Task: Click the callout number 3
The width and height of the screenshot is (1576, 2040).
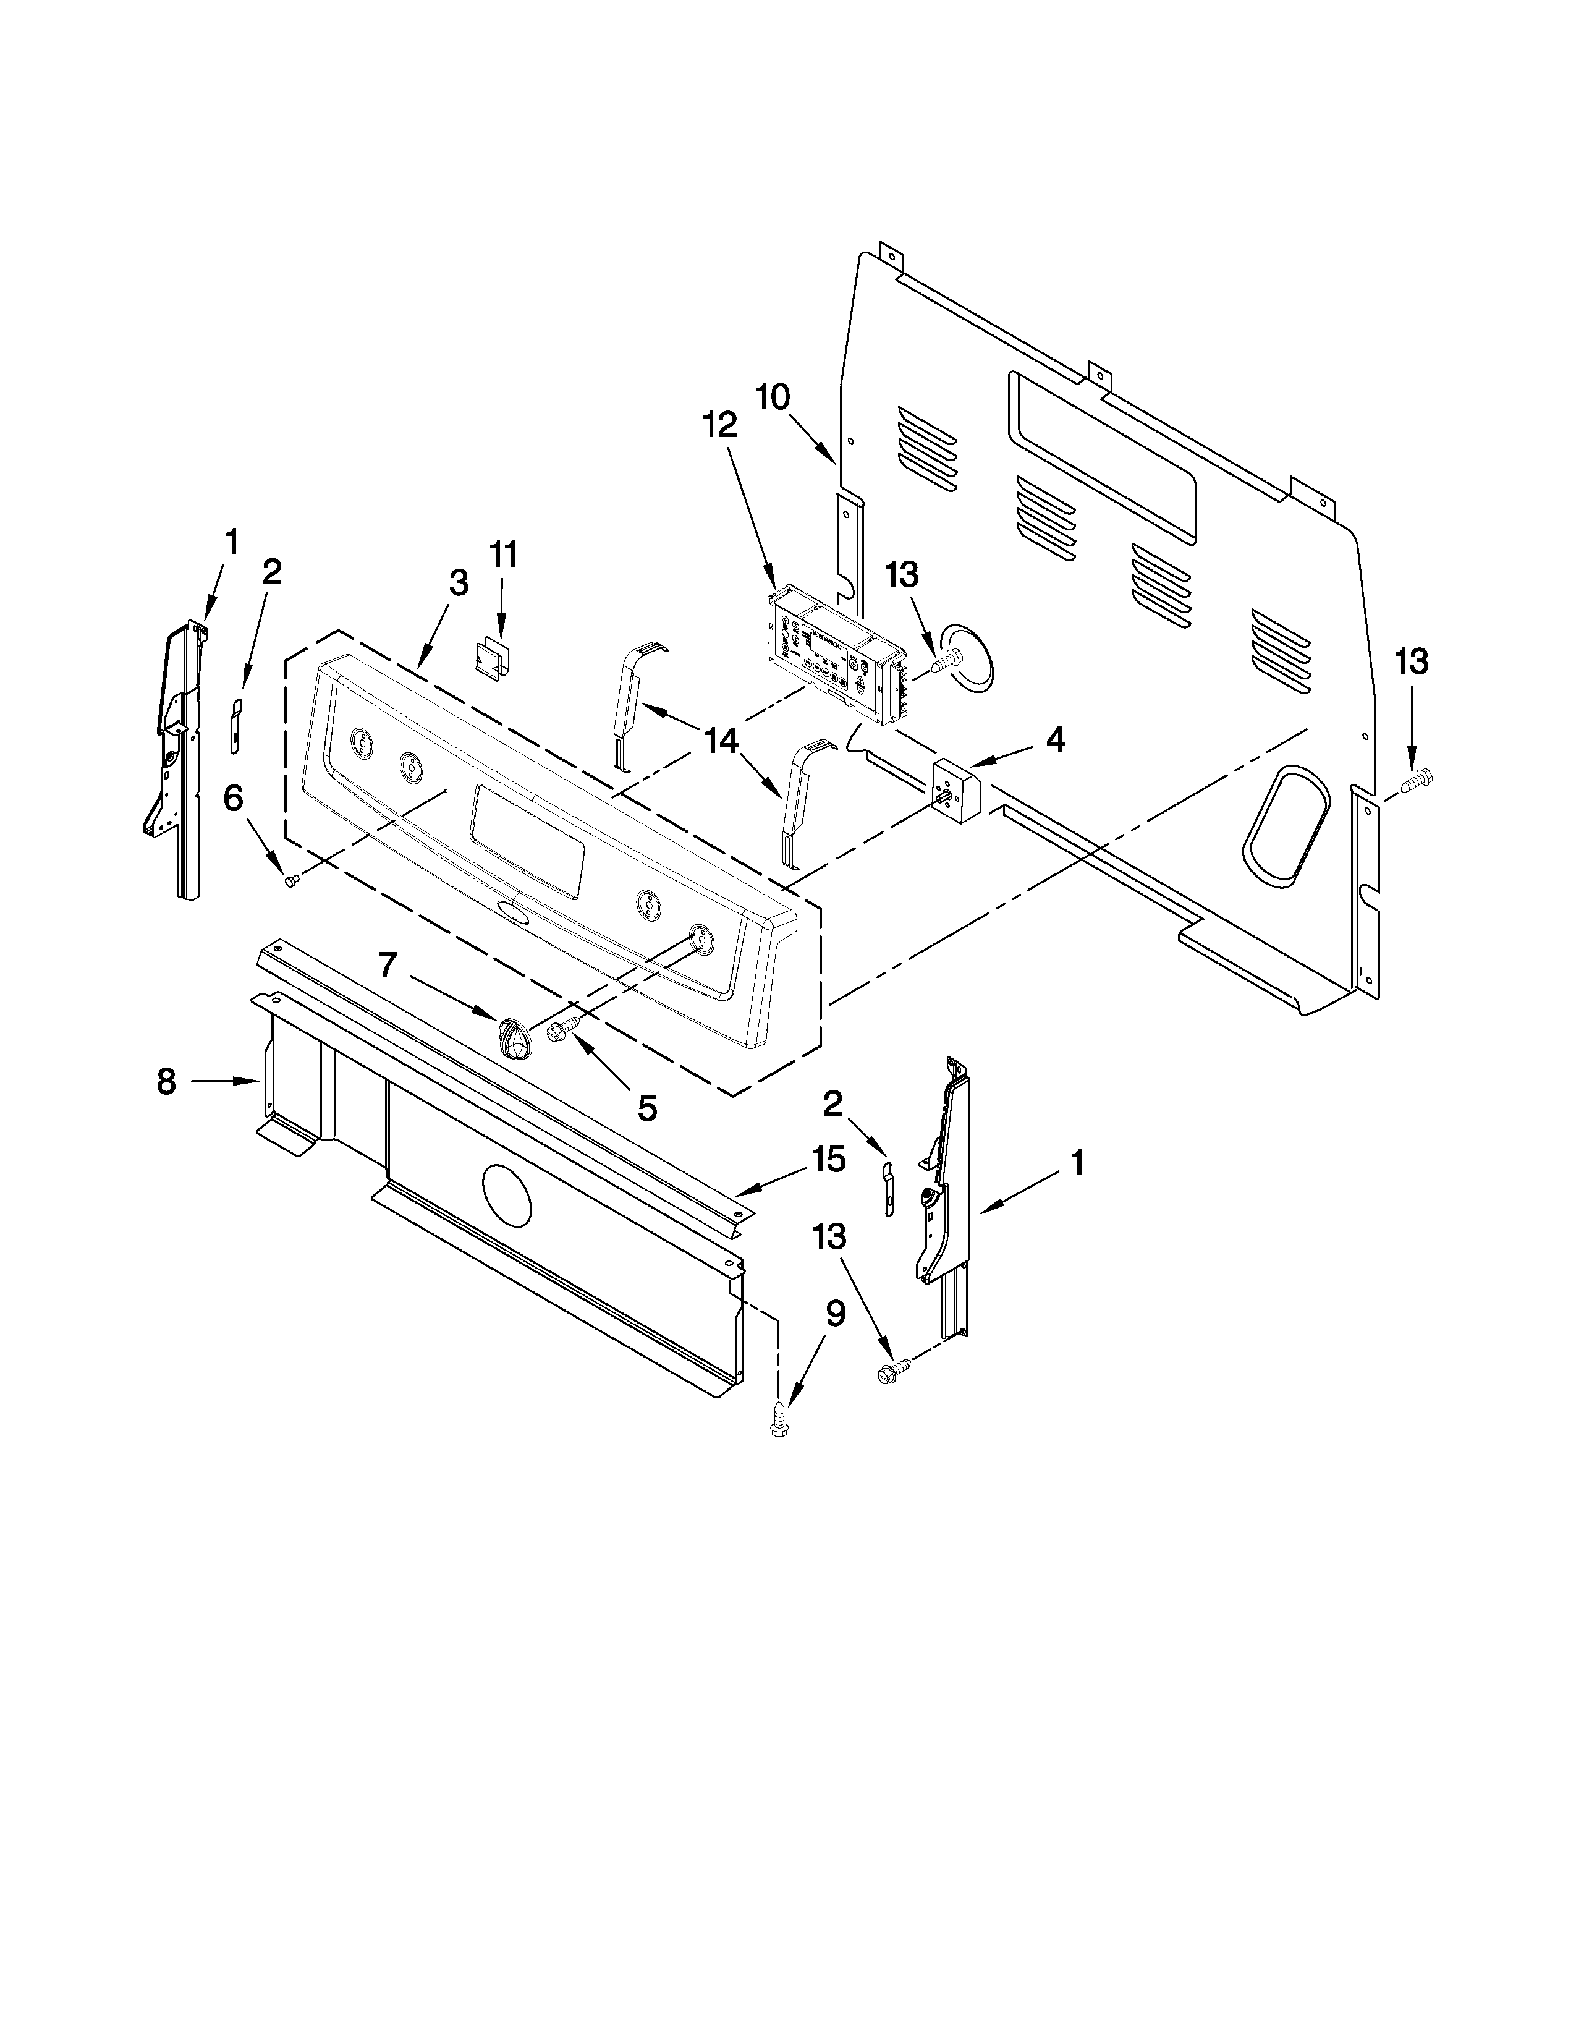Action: coord(457,583)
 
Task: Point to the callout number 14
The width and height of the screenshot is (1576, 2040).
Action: coord(722,742)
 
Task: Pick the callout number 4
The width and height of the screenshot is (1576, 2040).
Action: coord(1054,740)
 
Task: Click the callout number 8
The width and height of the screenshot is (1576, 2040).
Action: coord(166,1082)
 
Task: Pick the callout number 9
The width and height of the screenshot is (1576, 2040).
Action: coord(835,1314)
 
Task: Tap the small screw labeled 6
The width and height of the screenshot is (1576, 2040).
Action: coord(290,879)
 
